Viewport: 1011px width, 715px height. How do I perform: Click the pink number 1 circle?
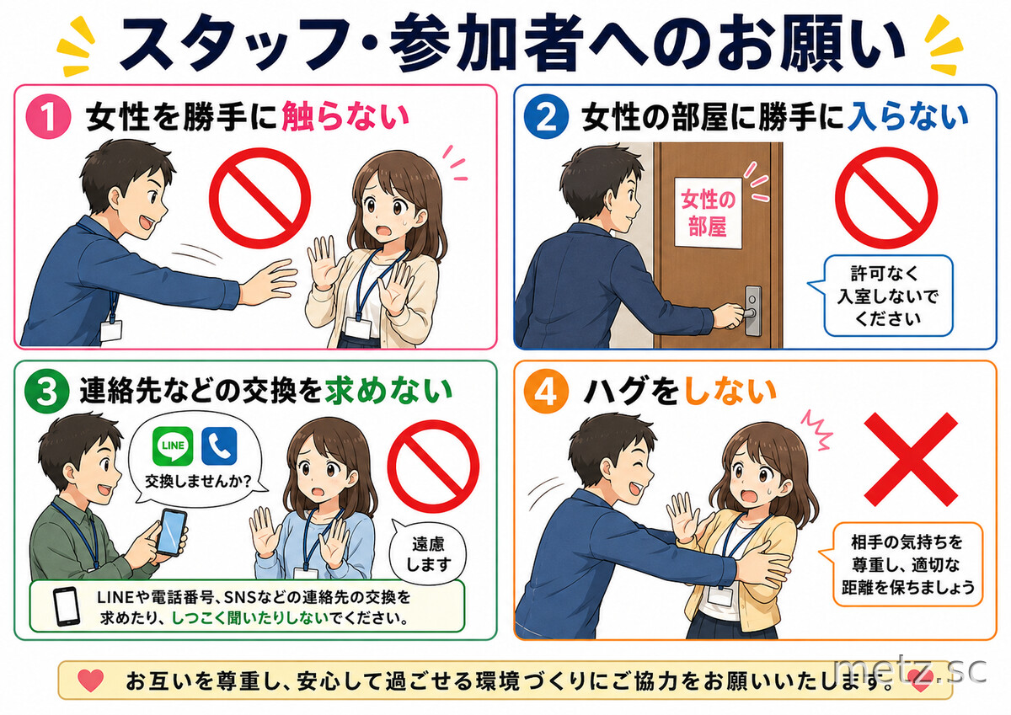(48, 116)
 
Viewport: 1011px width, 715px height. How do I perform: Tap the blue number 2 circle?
(547, 116)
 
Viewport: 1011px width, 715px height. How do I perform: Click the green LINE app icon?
(173, 446)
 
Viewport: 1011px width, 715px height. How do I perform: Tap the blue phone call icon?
(219, 446)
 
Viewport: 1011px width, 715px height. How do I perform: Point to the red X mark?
(911, 459)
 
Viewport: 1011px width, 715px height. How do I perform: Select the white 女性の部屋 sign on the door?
(709, 212)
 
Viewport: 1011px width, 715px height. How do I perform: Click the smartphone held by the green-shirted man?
(172, 532)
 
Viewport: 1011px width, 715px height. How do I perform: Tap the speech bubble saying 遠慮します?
(427, 554)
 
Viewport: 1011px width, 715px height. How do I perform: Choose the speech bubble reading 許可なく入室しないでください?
(884, 296)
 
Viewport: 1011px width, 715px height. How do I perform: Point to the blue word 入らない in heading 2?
(908, 117)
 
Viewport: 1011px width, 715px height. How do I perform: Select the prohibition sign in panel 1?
(260, 198)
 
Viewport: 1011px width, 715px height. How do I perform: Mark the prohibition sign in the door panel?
(886, 198)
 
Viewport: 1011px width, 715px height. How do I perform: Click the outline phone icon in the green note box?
(67, 606)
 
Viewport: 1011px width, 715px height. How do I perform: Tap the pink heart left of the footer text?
(91, 680)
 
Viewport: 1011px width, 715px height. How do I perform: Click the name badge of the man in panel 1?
(111, 331)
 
